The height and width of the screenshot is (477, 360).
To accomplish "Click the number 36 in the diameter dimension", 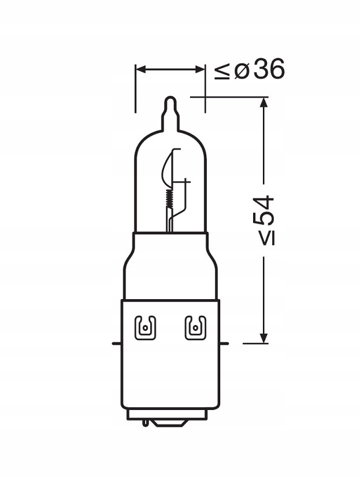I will [x=269, y=70].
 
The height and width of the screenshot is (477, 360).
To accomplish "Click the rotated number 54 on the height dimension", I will [x=263, y=212].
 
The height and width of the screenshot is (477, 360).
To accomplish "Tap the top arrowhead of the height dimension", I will [x=263, y=103].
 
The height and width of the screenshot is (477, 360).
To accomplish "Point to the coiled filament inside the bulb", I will [x=168, y=199].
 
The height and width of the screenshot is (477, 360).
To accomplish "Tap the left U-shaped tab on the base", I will [x=143, y=328].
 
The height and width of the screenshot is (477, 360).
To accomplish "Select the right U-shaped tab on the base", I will [x=194, y=328].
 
